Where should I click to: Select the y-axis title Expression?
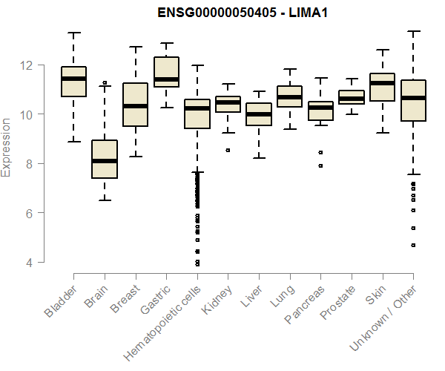(x=7, y=146)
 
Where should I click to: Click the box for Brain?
(x=105, y=160)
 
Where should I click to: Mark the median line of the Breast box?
(x=135, y=106)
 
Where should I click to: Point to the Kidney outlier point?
(x=228, y=150)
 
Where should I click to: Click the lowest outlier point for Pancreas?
(x=320, y=166)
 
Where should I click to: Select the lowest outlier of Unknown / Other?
(x=413, y=245)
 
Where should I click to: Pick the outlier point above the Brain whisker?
(x=105, y=83)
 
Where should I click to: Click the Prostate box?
(x=352, y=97)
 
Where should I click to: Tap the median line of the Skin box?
(x=383, y=83)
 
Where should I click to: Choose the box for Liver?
(x=259, y=115)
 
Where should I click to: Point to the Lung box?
(x=290, y=96)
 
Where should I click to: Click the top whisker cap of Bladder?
(x=73, y=33)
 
